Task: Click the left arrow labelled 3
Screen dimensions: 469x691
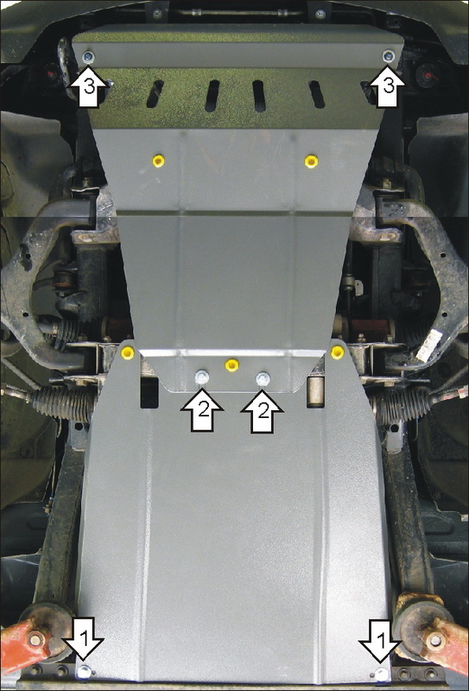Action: pyautogui.click(x=89, y=86)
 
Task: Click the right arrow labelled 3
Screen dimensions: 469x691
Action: pyautogui.click(x=387, y=86)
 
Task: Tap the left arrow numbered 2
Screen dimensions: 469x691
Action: pyautogui.click(x=202, y=410)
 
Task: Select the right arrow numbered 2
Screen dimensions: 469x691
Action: pyautogui.click(x=263, y=410)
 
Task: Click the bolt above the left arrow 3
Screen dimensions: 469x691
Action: pyautogui.click(x=89, y=56)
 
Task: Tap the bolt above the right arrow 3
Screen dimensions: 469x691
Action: pyautogui.click(x=389, y=55)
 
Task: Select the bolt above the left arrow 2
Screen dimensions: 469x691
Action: pyautogui.click(x=202, y=377)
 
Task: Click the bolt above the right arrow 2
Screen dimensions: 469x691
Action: pyautogui.click(x=263, y=378)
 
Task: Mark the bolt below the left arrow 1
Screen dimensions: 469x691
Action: pyautogui.click(x=84, y=673)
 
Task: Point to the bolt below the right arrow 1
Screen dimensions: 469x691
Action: pyautogui.click(x=382, y=674)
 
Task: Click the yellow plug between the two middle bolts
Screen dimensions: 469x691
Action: pyautogui.click(x=231, y=365)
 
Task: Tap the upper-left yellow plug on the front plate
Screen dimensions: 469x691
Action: pyautogui.click(x=158, y=161)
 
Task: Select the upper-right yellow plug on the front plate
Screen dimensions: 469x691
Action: pyautogui.click(x=311, y=162)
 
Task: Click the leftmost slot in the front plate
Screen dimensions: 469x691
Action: pyautogui.click(x=155, y=94)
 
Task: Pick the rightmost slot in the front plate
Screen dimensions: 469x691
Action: pyautogui.click(x=317, y=94)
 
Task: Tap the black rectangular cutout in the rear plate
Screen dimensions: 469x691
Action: pyautogui.click(x=149, y=392)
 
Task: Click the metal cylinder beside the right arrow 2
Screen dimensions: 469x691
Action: pyautogui.click(x=315, y=391)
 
